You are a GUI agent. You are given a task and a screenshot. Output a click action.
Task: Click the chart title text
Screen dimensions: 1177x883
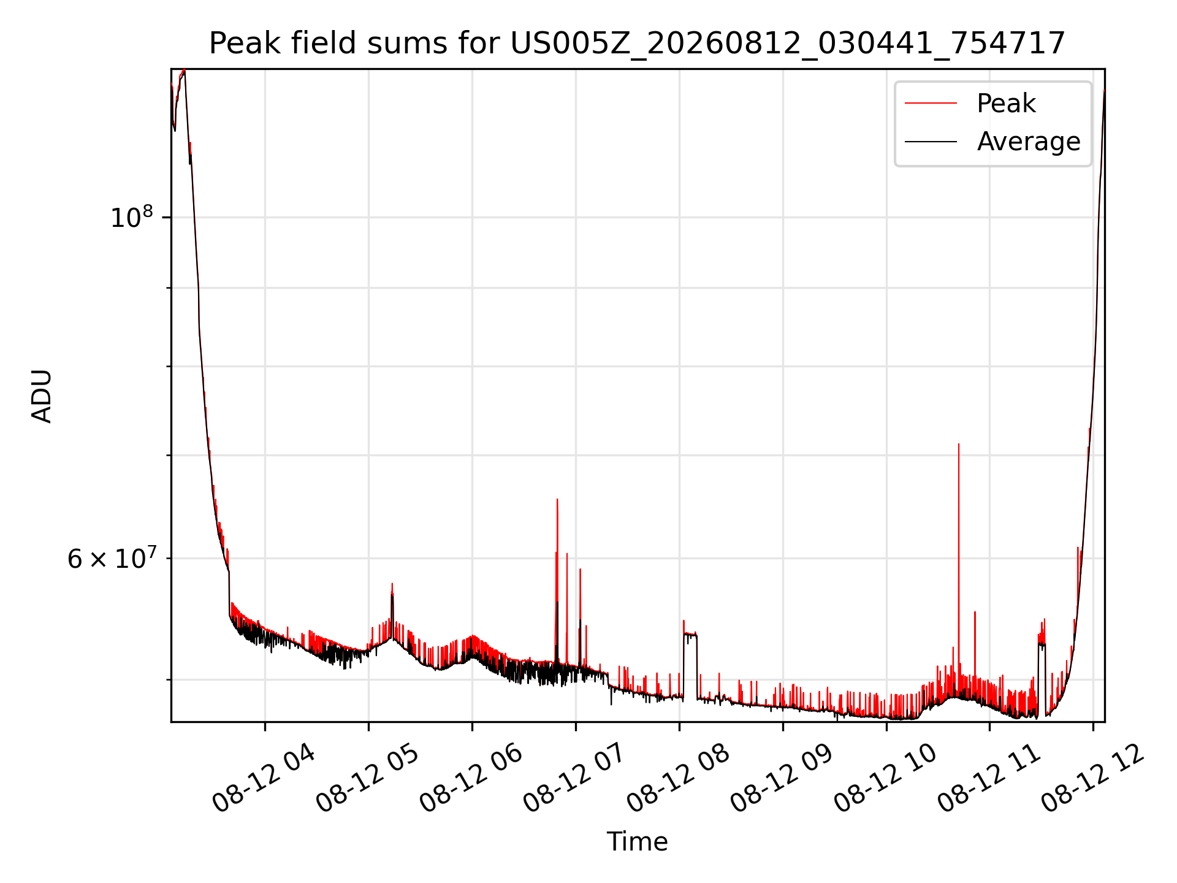[637, 44]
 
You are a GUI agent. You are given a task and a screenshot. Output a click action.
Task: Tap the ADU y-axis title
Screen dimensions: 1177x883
[42, 396]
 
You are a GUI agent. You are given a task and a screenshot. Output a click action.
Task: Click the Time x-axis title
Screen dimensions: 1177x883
[637, 841]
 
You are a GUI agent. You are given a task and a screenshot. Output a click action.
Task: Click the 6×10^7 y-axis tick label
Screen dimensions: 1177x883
[112, 559]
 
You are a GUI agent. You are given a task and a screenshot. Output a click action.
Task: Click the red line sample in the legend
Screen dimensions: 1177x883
[931, 103]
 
